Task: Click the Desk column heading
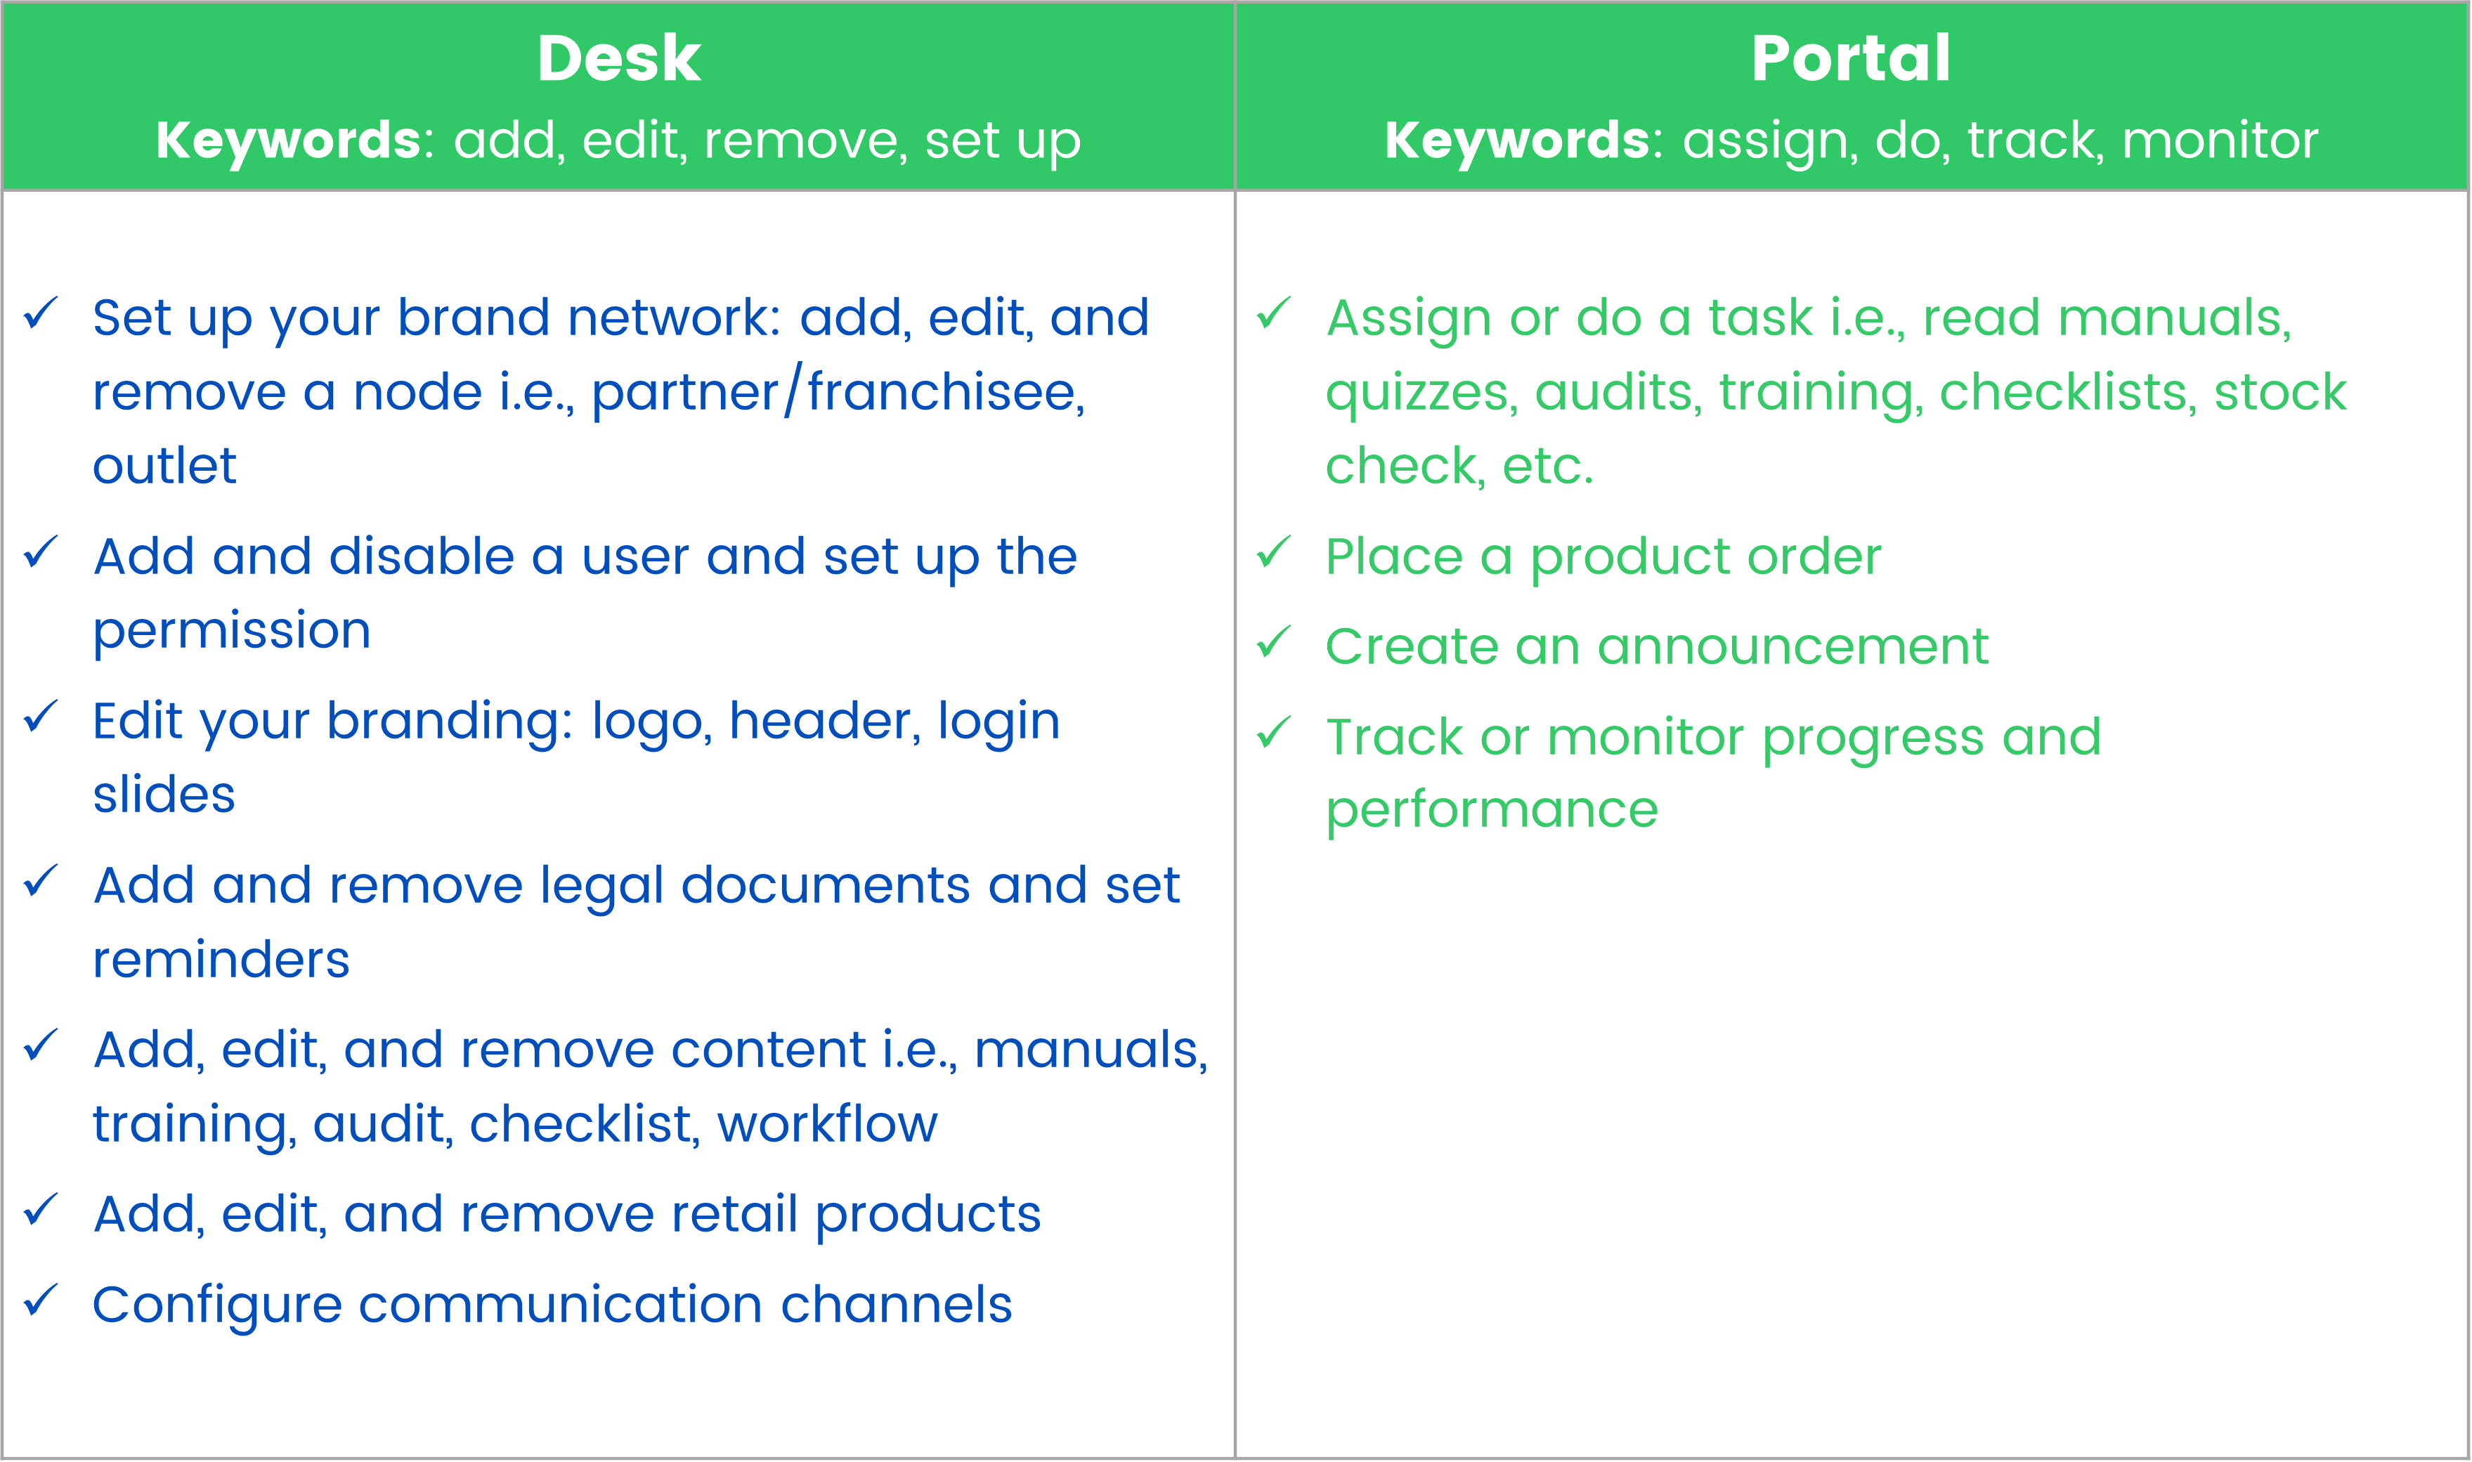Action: pyautogui.click(x=619, y=58)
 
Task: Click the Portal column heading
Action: pyautogui.click(x=1850, y=58)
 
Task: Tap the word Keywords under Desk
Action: pyautogui.click(x=290, y=141)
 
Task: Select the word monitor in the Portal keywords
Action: pyautogui.click(x=2220, y=141)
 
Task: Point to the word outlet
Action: pyautogui.click(x=164, y=465)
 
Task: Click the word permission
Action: pyautogui.click(x=232, y=630)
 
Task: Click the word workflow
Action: pyautogui.click(x=826, y=1123)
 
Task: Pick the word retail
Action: pyautogui.click(x=734, y=1214)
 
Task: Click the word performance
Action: pyautogui.click(x=1492, y=811)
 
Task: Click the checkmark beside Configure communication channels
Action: pyautogui.click(x=40, y=1300)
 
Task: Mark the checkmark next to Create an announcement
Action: pyautogui.click(x=1273, y=641)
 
